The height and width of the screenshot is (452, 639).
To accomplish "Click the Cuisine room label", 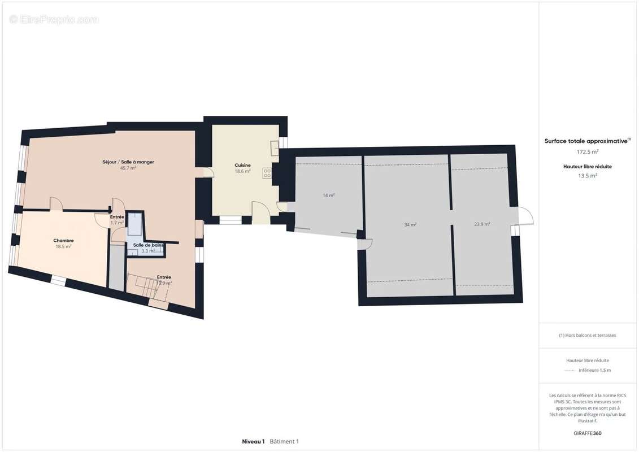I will [x=242, y=165].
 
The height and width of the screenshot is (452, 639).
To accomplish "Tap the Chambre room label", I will [x=63, y=241].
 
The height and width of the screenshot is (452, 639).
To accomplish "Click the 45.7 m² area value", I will [x=128, y=168].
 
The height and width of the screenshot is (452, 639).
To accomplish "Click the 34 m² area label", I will [x=410, y=225].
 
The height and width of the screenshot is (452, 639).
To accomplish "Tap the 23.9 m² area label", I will [x=481, y=224].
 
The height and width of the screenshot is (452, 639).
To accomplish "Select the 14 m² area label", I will [x=328, y=195].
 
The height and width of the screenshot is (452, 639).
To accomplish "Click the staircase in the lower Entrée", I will [x=146, y=286].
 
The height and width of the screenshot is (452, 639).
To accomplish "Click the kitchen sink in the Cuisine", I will [x=275, y=147].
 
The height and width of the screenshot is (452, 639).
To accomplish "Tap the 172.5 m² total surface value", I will [x=588, y=152].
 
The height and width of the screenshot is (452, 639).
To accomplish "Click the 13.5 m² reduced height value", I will [x=588, y=176].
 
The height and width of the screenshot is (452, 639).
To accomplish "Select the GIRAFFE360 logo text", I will [x=588, y=433].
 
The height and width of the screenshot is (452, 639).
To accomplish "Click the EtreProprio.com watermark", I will [x=54, y=19].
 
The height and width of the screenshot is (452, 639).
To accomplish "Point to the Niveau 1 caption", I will [x=253, y=441].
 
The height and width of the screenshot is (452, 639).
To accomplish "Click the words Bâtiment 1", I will [x=284, y=441].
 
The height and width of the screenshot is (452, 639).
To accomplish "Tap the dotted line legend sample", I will [x=569, y=371].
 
